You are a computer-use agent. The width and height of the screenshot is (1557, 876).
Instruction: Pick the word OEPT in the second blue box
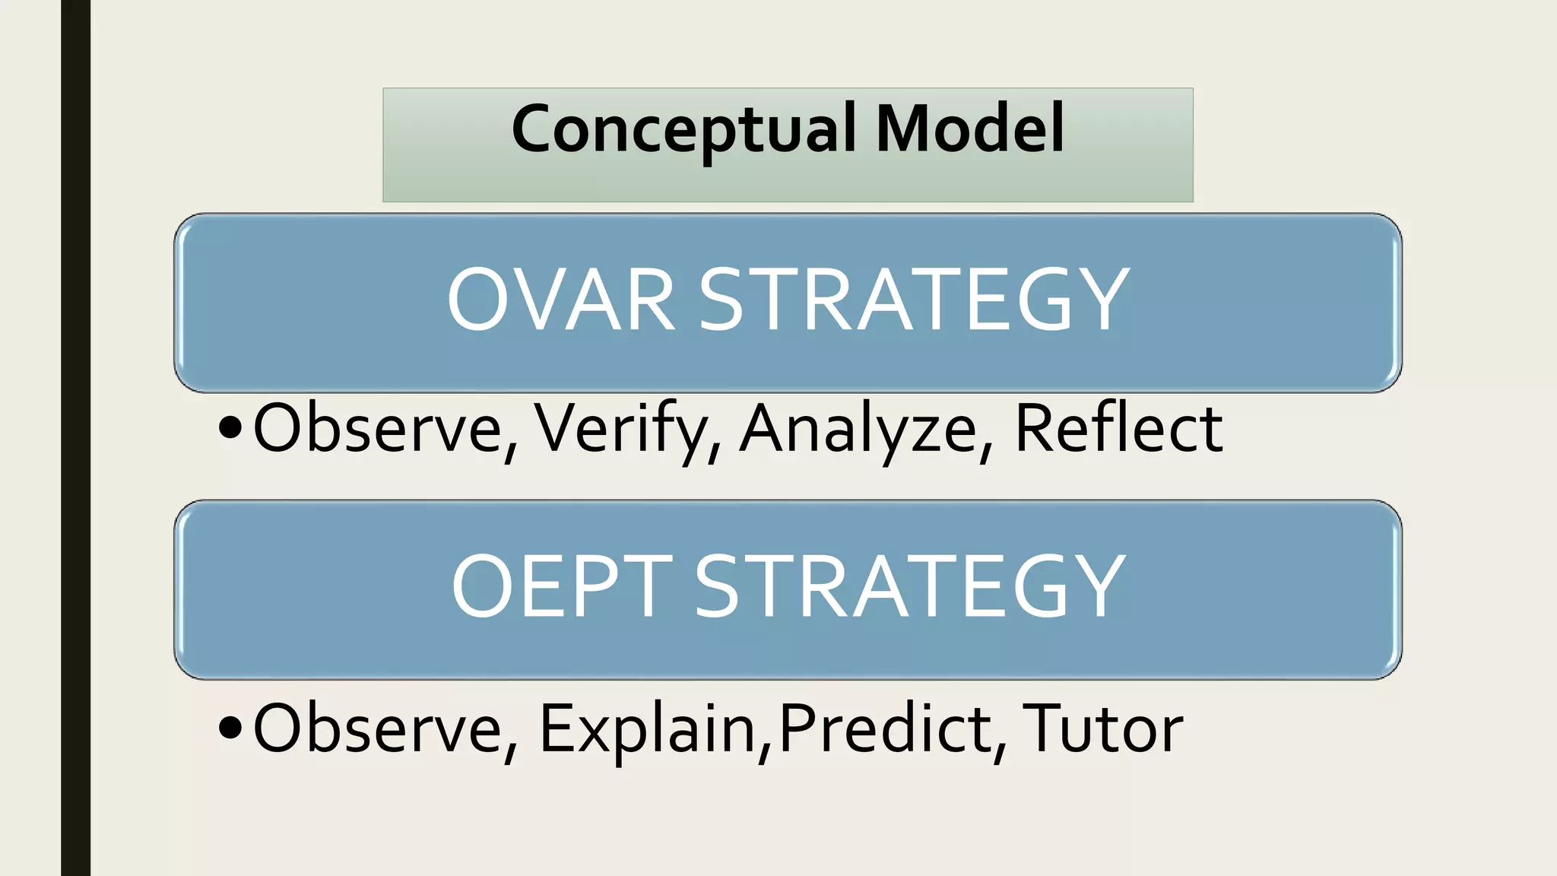[562, 586]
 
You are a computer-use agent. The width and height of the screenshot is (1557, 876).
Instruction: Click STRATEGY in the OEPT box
[910, 586]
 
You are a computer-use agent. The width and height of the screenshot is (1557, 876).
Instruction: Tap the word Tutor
[1102, 728]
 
